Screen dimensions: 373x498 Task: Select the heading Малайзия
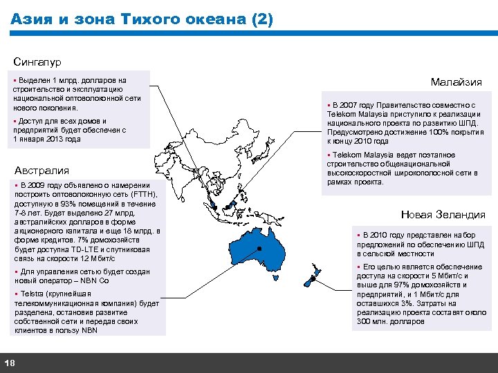pyautogui.click(x=456, y=82)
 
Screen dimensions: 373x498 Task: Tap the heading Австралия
pyautogui.click(x=42, y=171)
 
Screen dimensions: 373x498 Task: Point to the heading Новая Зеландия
pyautogui.click(x=443, y=215)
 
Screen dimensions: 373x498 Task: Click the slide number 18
pyautogui.click(x=10, y=363)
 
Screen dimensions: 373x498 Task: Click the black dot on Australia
pyautogui.click(x=259, y=248)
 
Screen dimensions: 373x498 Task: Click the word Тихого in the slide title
pyautogui.click(x=150, y=20)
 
